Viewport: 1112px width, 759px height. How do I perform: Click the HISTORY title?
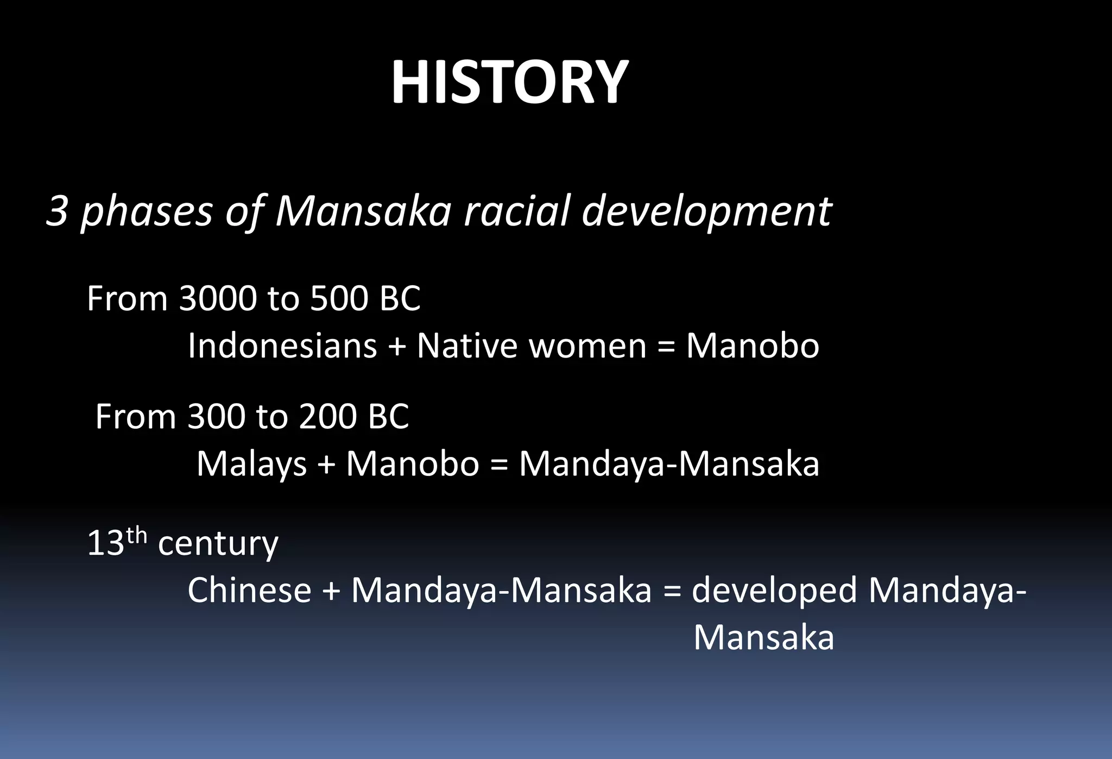509,83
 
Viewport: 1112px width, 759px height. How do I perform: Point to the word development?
706,212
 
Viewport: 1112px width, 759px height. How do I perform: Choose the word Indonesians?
282,346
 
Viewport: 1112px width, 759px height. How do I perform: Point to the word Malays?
251,465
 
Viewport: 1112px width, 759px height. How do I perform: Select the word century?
218,543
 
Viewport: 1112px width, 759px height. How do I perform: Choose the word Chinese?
249,591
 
